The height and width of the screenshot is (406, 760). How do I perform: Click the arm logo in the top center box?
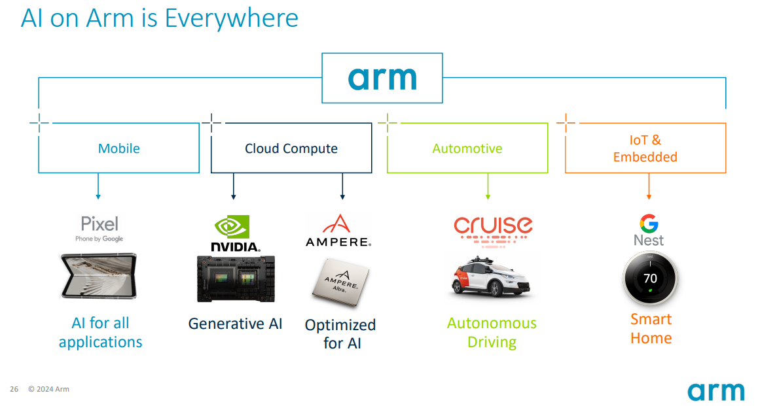(382, 78)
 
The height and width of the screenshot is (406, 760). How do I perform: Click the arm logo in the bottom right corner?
(715, 391)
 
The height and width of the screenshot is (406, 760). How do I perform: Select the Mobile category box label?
(119, 148)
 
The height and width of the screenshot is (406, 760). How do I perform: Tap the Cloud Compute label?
(291, 148)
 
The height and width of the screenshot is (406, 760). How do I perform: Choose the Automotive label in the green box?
(467, 148)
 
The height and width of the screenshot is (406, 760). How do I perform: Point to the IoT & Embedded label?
(645, 148)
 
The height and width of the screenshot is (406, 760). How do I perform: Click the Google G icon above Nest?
(649, 224)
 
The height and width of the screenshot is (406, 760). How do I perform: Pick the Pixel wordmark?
(100, 224)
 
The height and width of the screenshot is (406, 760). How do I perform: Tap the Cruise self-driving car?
(491, 279)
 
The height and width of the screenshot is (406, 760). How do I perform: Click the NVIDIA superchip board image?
(235, 279)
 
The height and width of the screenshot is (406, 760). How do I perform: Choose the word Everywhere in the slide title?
(231, 18)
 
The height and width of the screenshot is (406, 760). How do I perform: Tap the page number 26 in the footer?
(14, 389)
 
